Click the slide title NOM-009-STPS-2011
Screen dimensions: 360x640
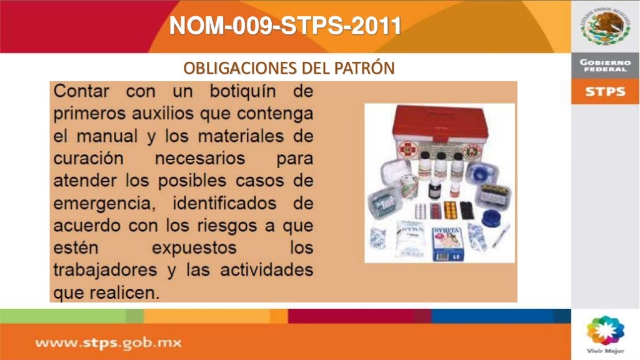(286, 26)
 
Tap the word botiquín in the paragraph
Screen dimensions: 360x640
(244, 91)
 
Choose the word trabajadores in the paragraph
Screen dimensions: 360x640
(101, 271)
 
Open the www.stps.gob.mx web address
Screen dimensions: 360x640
(107, 342)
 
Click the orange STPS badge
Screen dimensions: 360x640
(604, 92)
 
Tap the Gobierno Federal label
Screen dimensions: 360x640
(604, 66)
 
